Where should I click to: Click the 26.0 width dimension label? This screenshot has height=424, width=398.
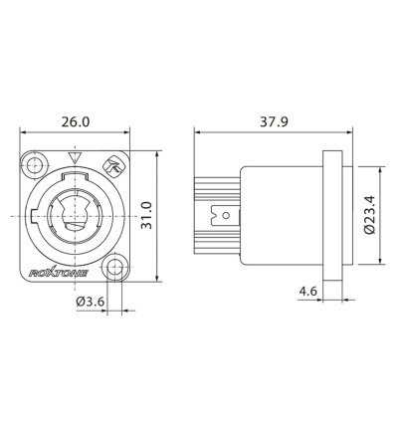[76, 121]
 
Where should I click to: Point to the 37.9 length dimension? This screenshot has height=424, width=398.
[268, 121]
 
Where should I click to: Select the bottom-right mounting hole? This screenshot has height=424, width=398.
[116, 267]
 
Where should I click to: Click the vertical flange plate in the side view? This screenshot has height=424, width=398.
[333, 215]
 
